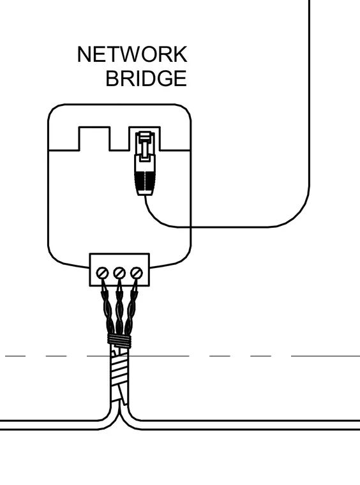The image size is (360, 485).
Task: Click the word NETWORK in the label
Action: tap(132, 54)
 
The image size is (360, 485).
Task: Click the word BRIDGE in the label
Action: tap(146, 78)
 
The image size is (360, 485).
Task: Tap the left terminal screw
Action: tap(102, 273)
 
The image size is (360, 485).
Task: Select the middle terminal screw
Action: tap(119, 273)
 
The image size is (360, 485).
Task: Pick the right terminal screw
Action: tap(136, 273)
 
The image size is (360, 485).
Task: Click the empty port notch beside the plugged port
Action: tap(94, 138)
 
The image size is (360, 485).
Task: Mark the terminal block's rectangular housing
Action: tap(119, 270)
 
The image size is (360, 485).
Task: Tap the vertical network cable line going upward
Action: tap(309, 93)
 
